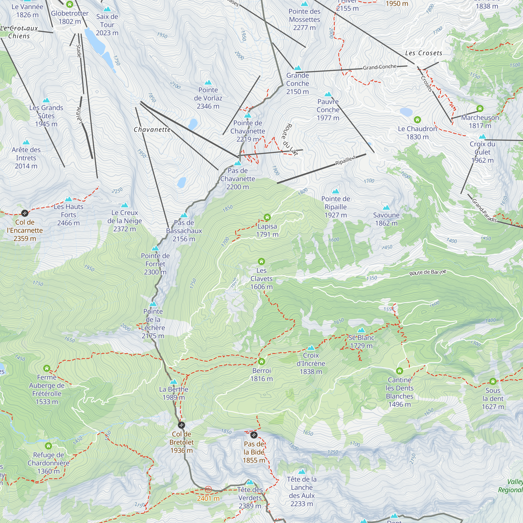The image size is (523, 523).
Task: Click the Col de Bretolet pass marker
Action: click(x=181, y=425)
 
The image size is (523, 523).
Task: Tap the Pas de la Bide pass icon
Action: click(x=254, y=435)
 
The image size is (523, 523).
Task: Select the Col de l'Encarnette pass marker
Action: click(x=25, y=213)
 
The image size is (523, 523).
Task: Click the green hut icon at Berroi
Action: click(x=261, y=362)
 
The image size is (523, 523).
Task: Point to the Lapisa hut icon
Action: click(x=267, y=217)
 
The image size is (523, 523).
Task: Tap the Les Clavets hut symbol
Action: click(x=261, y=261)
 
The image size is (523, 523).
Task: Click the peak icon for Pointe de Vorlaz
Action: click(x=208, y=83)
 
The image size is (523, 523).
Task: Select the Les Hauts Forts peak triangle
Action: click(x=69, y=199)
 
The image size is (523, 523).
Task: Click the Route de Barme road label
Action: click(x=428, y=272)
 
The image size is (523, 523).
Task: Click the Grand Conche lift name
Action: click(x=379, y=67)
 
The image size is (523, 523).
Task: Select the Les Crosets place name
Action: click(x=424, y=53)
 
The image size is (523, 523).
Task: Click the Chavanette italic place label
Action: click(x=152, y=130)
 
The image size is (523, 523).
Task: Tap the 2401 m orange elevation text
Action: click(x=208, y=498)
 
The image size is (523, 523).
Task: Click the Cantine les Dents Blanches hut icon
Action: click(x=400, y=371)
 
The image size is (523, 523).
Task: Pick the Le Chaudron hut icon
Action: click(x=417, y=120)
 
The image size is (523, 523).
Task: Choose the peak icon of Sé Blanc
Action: click(x=361, y=330)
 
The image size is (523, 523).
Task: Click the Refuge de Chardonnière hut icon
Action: click(x=48, y=446)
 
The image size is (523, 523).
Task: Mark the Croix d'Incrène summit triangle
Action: click(x=311, y=348)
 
